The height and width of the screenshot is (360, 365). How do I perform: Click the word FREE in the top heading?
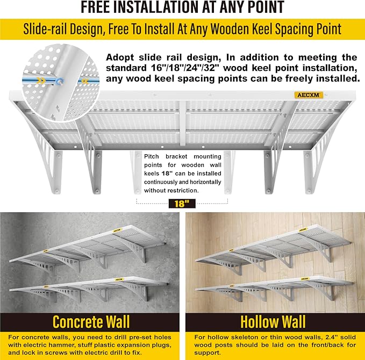click(x=98, y=8)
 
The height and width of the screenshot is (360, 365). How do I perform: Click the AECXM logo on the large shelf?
click(x=307, y=95)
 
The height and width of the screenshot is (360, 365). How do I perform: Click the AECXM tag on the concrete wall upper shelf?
click(x=117, y=229)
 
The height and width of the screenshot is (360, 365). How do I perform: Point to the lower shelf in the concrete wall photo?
click(x=86, y=287)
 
